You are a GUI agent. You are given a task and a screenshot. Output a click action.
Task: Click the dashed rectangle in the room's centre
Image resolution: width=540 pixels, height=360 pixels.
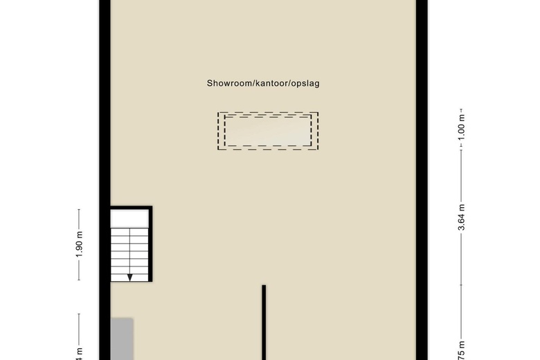pos(268,132)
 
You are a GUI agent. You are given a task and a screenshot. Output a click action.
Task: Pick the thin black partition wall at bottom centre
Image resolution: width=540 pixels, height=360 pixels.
pos(264,322)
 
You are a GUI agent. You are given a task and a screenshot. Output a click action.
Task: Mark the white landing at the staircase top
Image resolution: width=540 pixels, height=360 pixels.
pos(129,219)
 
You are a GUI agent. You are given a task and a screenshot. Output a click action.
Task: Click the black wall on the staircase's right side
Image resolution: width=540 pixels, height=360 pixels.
pos(150,246)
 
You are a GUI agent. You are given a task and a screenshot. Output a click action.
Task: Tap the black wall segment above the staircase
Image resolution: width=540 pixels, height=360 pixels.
pos(132,208)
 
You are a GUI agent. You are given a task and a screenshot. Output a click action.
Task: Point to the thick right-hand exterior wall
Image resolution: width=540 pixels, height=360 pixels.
pos(420,180)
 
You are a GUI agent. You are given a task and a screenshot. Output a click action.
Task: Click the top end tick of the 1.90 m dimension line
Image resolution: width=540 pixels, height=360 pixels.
pos(78,210)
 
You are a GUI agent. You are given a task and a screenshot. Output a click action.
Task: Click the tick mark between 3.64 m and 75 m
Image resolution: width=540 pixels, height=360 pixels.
pos(462,283)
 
